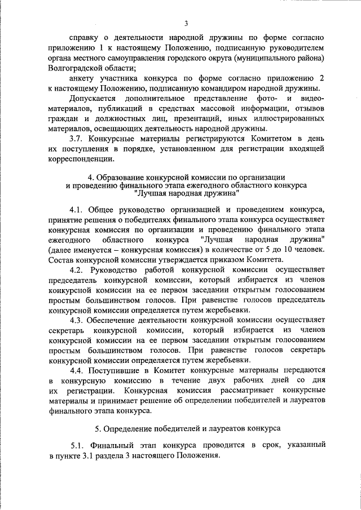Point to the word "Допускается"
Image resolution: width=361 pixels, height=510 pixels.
pos(94,98)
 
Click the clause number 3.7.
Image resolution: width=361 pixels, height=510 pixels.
pos(77,139)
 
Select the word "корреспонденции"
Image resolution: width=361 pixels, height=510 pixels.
pos(82,159)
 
